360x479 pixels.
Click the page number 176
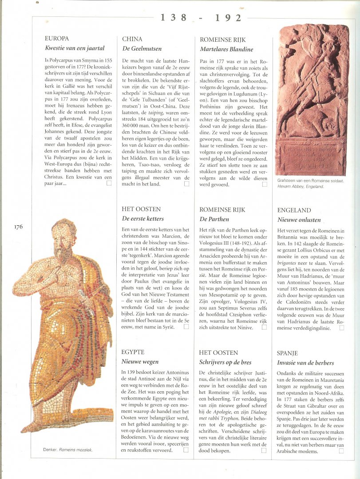[18, 227]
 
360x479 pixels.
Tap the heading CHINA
[132, 39]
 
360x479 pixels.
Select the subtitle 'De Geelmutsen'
[142, 48]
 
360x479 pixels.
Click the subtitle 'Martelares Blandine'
[226, 49]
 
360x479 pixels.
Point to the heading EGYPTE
[133, 352]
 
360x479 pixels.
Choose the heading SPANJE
[287, 353]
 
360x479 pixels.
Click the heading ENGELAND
[294, 210]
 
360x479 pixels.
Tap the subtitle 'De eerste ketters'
[142, 219]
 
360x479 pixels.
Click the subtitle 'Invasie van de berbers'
[305, 363]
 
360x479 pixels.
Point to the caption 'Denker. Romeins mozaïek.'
[68, 449]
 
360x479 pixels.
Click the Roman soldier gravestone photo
[313, 100]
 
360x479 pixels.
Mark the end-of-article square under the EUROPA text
[109, 182]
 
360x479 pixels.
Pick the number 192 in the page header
[228, 18]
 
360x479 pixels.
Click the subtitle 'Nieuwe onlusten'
[299, 220]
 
